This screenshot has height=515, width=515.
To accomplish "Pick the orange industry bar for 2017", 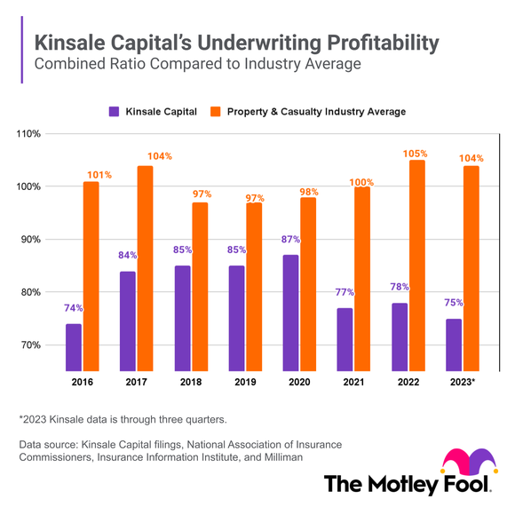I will (x=145, y=267).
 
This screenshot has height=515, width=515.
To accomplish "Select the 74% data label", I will (x=73, y=308).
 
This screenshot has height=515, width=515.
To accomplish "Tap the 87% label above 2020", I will (x=289, y=239).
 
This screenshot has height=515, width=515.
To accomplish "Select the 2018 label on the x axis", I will (x=190, y=382).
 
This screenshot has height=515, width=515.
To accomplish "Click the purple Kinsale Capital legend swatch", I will (x=114, y=112).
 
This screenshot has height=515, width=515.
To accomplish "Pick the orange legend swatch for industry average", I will (x=216, y=112).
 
